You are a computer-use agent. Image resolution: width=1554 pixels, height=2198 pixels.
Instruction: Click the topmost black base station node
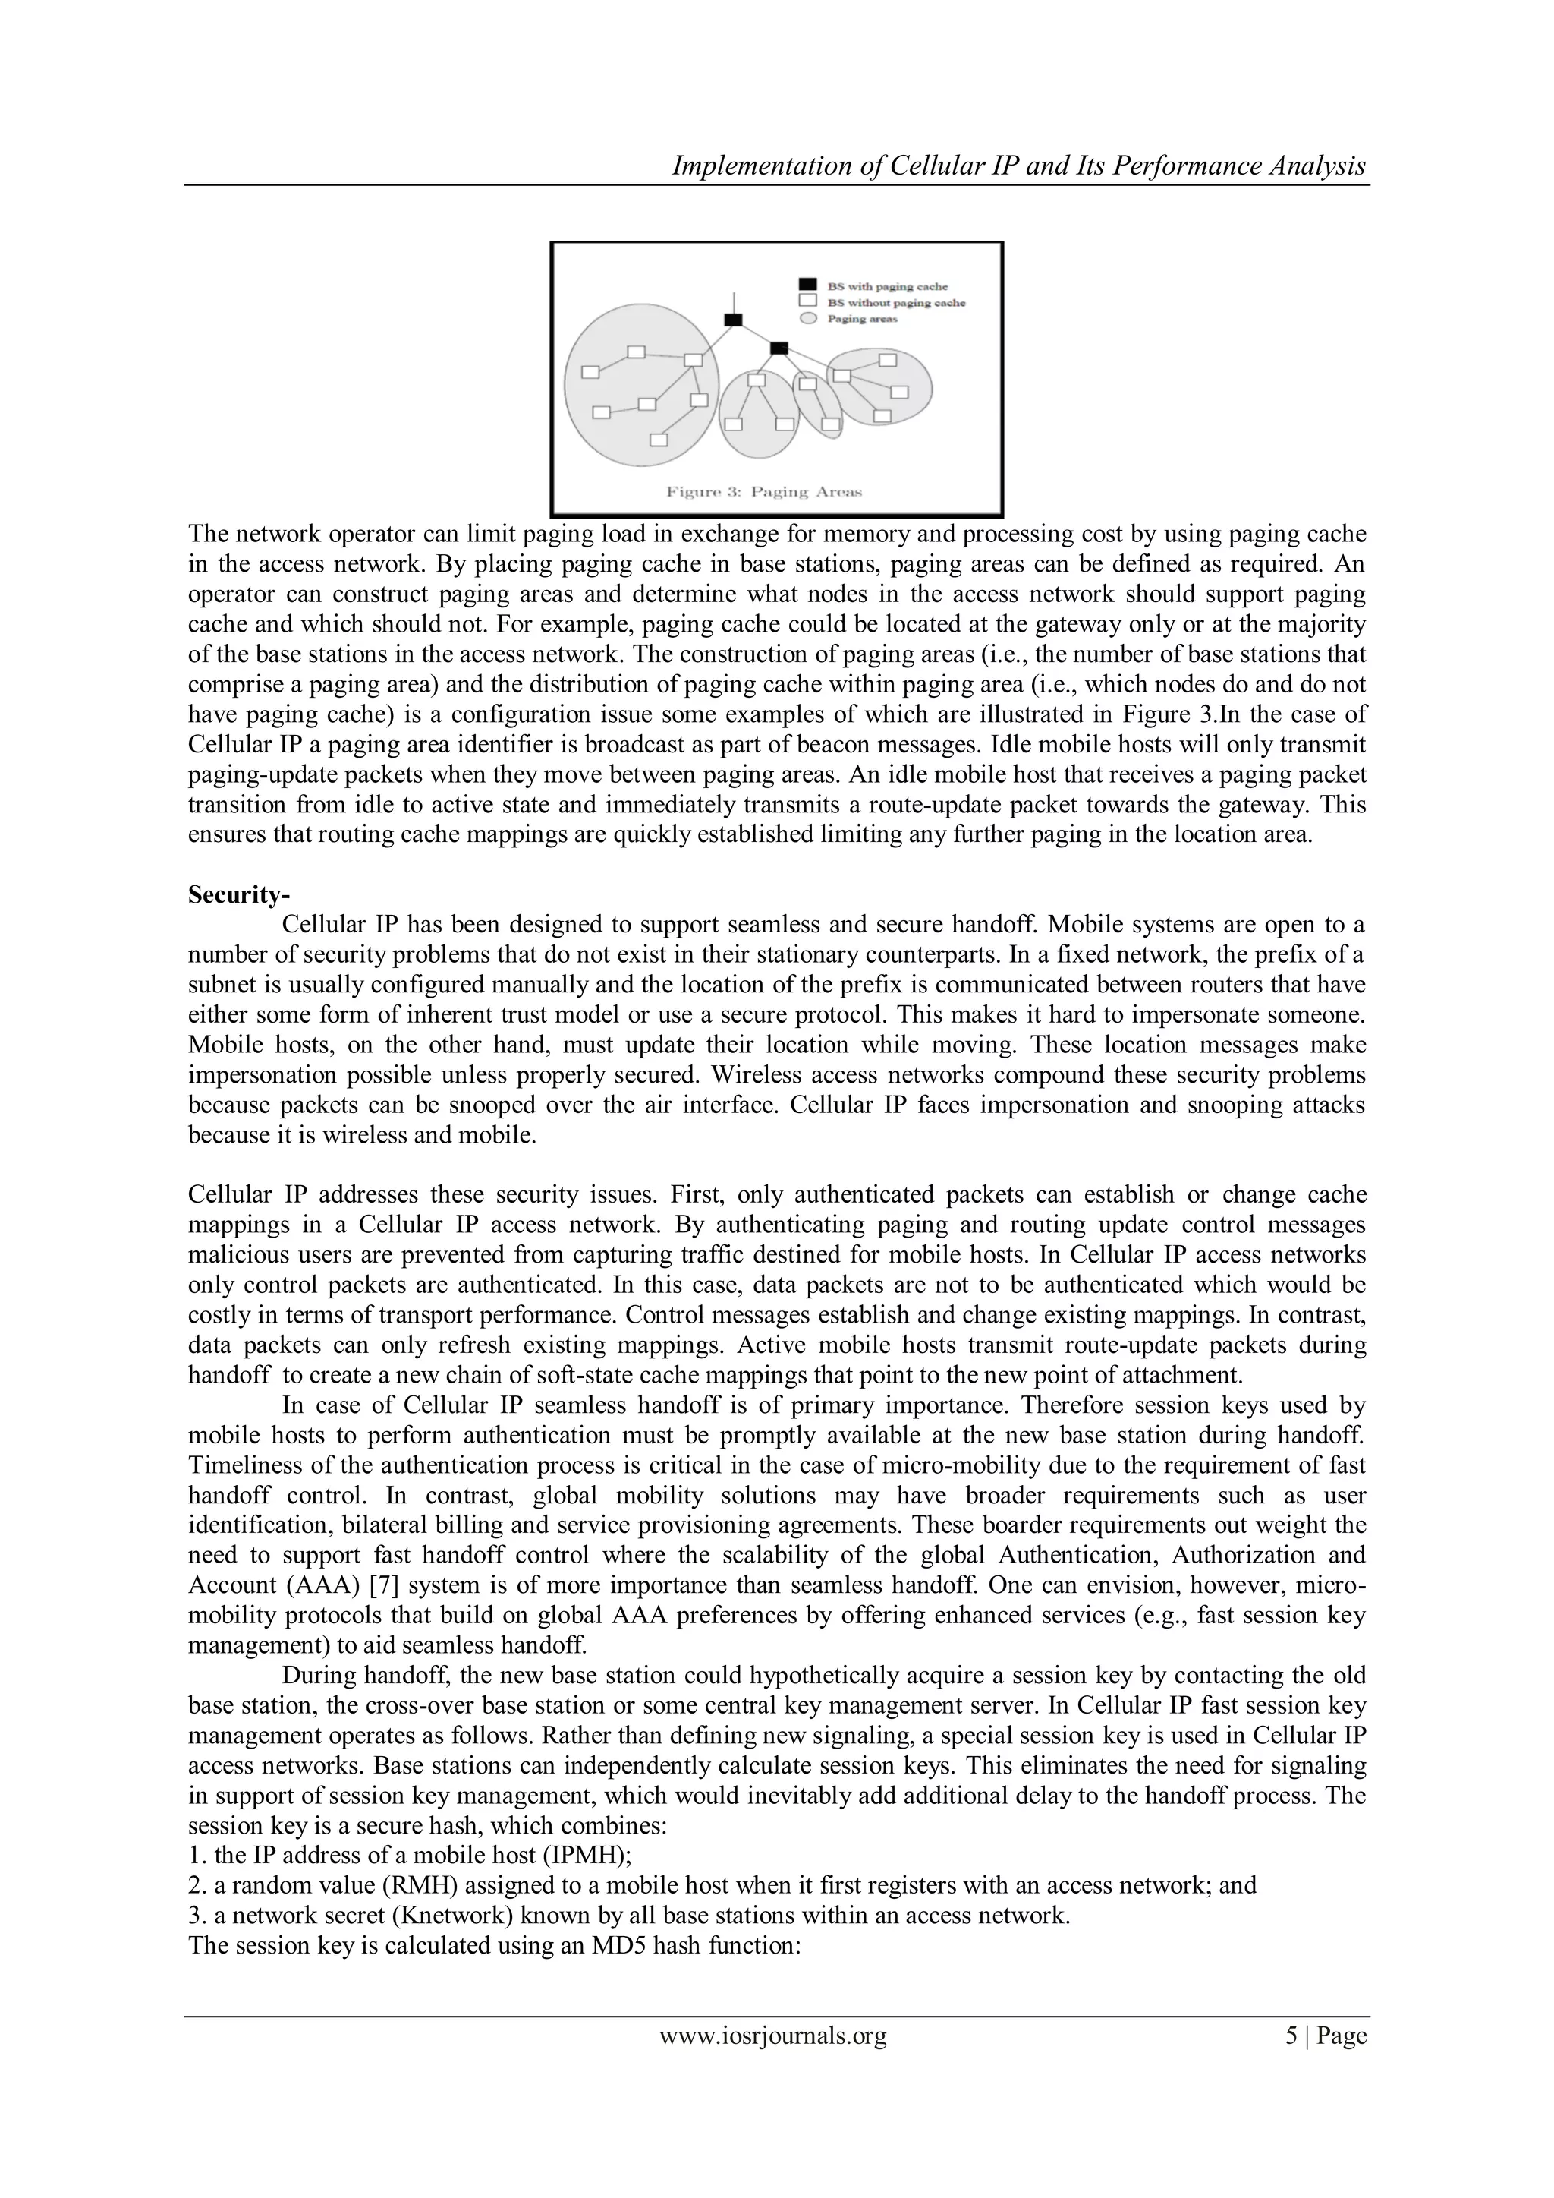pos(733,319)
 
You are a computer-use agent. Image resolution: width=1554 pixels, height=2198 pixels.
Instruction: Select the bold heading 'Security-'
pos(238,894)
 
